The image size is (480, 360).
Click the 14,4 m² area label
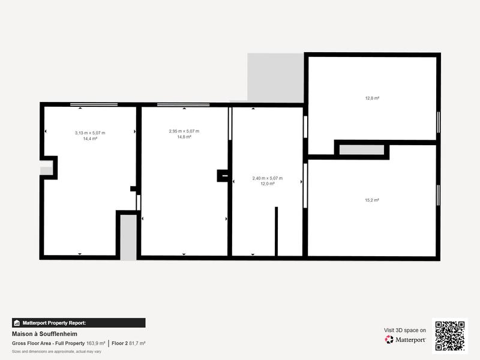[x=90, y=138]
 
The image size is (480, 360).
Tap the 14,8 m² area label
[x=184, y=137]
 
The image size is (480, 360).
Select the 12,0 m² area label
[x=267, y=184]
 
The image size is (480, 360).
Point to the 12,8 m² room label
[x=372, y=98]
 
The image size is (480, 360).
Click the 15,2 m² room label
[x=372, y=200]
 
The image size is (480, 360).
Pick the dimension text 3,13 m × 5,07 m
[x=90, y=133]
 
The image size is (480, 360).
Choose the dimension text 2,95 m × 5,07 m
[x=184, y=131]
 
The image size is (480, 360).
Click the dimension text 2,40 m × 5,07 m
[x=267, y=178]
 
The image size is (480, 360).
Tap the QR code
[x=450, y=336]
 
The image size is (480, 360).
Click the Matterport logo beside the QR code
[x=406, y=340]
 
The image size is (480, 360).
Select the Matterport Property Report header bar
[x=79, y=323]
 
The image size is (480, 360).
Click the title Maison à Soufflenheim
[x=44, y=334]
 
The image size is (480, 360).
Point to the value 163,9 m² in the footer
[x=96, y=343]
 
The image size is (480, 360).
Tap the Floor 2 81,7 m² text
[x=128, y=343]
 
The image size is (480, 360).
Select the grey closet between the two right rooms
[x=361, y=150]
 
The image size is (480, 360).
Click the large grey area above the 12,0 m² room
[x=275, y=77]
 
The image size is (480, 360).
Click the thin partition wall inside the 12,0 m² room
[x=276, y=231]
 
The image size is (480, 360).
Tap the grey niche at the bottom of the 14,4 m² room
[x=128, y=237]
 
